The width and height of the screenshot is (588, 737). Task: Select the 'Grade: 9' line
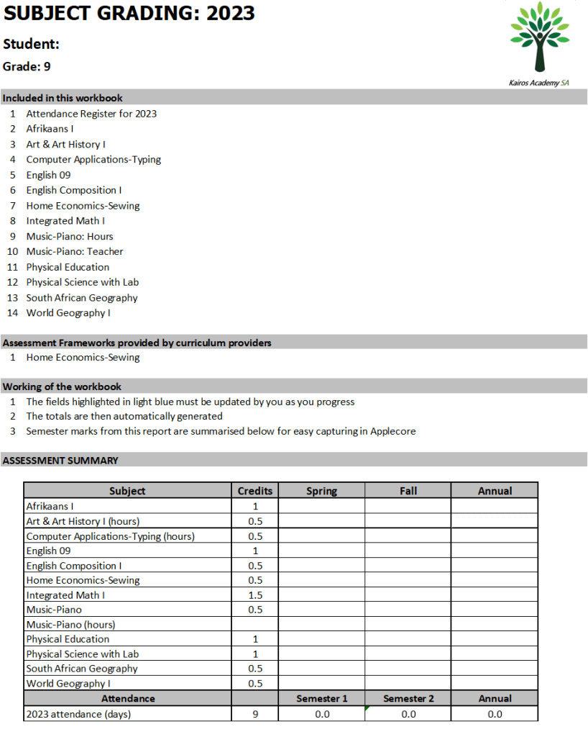click(27, 66)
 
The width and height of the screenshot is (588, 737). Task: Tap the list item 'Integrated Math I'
click(65, 221)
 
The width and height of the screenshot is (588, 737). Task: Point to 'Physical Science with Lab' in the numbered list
click(83, 282)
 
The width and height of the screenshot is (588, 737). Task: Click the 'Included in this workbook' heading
click(63, 98)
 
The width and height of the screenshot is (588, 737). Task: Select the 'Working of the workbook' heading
click(62, 386)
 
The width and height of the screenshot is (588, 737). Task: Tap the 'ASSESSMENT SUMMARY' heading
click(60, 461)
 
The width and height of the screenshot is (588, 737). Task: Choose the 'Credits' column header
click(255, 491)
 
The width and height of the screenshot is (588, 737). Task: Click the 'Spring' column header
click(321, 491)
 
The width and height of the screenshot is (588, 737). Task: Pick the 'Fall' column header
click(408, 491)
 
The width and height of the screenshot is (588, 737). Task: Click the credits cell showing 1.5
click(255, 595)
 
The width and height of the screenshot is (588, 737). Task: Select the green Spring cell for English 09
click(321, 551)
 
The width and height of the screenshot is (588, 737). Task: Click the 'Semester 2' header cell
click(408, 698)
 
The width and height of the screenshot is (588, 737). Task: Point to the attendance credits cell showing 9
click(255, 714)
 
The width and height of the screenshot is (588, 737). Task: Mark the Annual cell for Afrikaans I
click(495, 506)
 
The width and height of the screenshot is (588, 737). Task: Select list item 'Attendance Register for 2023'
click(91, 114)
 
